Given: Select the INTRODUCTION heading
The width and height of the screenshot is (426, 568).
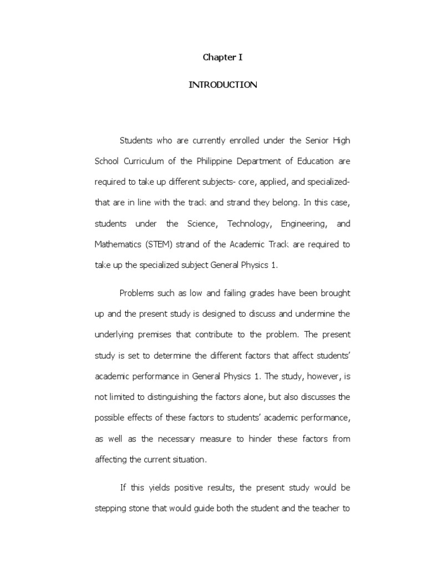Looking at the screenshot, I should point(223,85).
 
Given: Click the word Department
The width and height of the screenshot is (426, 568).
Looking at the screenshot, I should point(276,161).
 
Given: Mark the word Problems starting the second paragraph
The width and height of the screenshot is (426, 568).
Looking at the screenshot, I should point(139,293).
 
